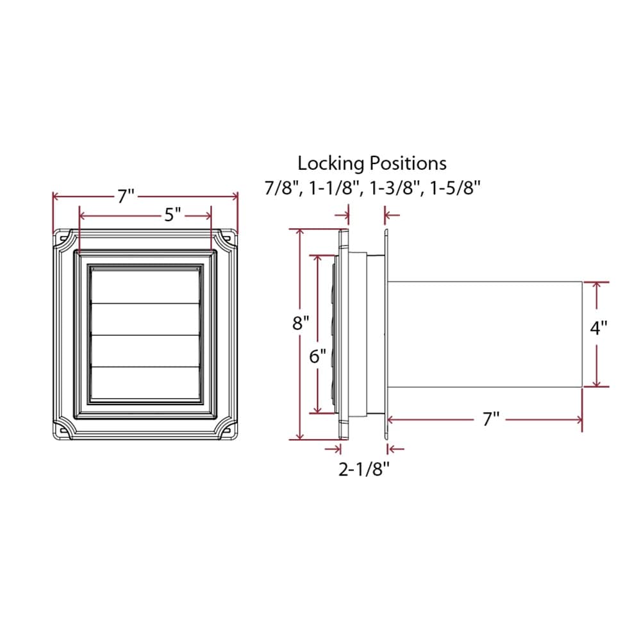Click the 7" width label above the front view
pyautogui.click(x=126, y=197)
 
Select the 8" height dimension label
pyautogui.click(x=301, y=323)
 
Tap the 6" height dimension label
pyautogui.click(x=318, y=356)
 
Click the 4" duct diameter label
pyautogui.click(x=598, y=328)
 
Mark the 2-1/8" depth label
pyautogui.click(x=364, y=470)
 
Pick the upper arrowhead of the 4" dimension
pyautogui.click(x=597, y=286)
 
